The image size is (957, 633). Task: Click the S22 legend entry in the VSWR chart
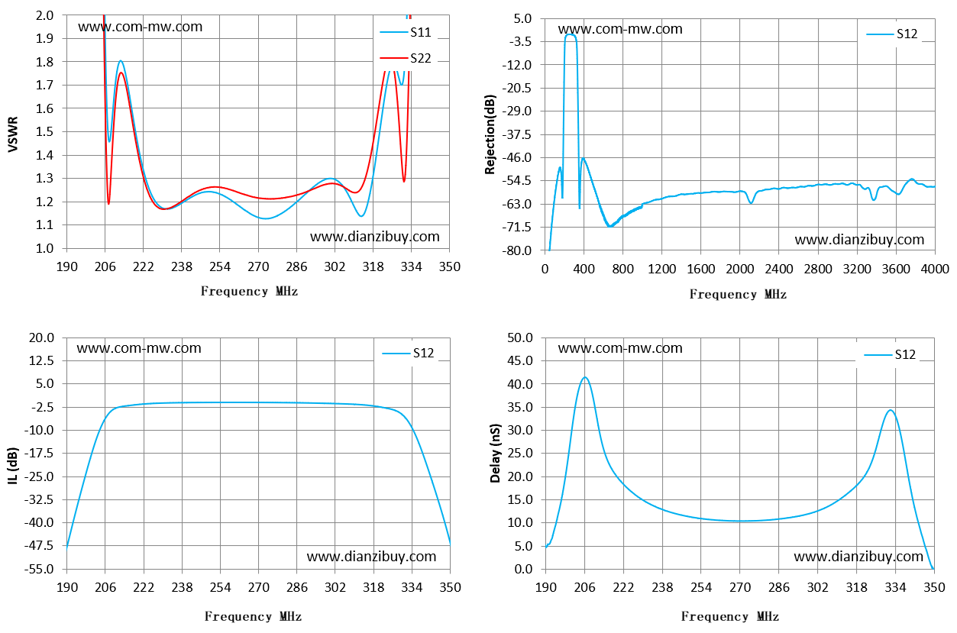[x=406, y=58]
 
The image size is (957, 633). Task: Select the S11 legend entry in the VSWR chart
[x=406, y=32]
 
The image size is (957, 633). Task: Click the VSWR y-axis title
[x=13, y=134]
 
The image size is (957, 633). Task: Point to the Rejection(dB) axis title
[x=490, y=134]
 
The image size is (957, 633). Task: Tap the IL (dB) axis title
[x=13, y=466]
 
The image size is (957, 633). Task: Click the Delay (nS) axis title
[x=495, y=454]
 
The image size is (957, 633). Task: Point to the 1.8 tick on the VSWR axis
[x=44, y=62]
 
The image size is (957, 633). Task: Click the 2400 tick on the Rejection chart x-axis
[x=779, y=269]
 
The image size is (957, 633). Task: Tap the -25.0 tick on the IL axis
[x=39, y=476]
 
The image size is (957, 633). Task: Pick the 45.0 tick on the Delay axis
[x=520, y=360]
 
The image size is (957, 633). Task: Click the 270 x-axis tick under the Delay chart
[x=740, y=588]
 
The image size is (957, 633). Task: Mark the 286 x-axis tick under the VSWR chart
[x=296, y=267]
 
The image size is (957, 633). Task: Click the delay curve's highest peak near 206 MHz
[x=585, y=377]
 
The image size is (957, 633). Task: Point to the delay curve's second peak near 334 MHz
[x=891, y=411]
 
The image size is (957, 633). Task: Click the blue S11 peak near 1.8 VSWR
[x=121, y=61]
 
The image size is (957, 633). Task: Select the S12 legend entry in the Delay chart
[x=890, y=354]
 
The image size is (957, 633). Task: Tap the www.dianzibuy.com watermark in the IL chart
[x=371, y=557]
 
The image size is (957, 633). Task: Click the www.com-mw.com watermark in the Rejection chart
[x=620, y=29]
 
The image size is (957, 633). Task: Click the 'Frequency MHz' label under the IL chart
[x=253, y=616]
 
